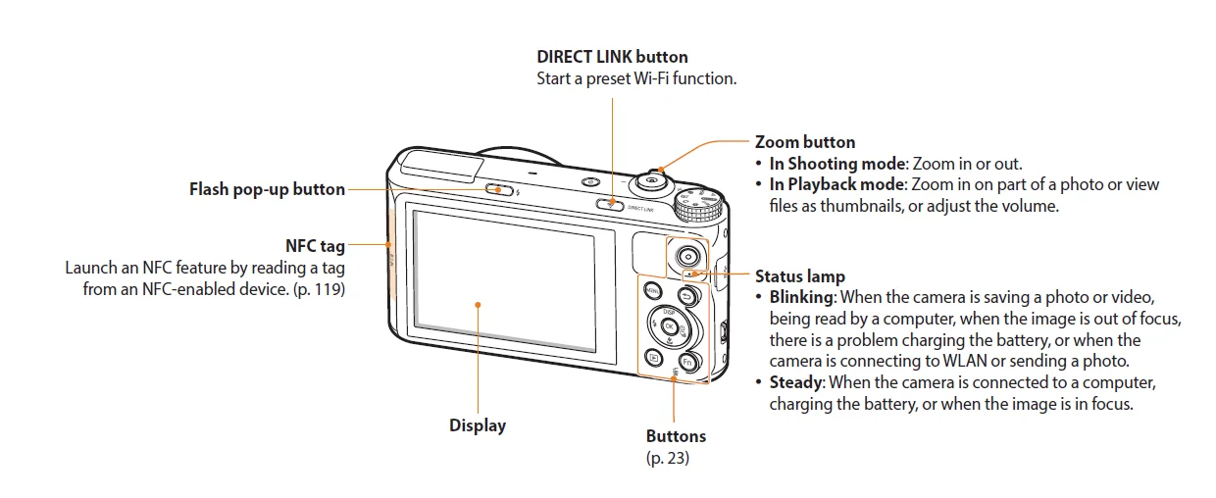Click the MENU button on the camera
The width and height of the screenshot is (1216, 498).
(651, 290)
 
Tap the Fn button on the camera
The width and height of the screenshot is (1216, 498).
(688, 362)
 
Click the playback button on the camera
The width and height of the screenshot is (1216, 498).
(651, 359)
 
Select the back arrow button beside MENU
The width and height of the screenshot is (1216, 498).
(687, 297)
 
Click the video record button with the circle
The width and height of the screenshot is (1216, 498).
(688, 256)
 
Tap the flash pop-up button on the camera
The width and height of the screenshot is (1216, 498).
(501, 190)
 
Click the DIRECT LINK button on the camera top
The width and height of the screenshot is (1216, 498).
(610, 203)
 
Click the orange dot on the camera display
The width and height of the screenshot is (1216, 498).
(478, 304)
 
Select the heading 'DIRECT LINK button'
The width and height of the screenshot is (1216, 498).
(612, 57)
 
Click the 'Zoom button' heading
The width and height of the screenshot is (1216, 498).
(804, 142)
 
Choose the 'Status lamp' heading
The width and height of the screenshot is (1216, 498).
(799, 276)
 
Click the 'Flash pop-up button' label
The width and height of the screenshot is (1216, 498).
(267, 189)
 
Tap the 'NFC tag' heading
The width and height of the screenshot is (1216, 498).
(315, 246)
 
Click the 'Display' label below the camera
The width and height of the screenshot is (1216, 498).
(478, 425)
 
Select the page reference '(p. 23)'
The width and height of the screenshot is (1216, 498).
(667, 457)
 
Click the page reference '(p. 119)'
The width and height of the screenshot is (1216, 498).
(319, 290)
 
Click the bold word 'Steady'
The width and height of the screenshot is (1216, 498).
(793, 381)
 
